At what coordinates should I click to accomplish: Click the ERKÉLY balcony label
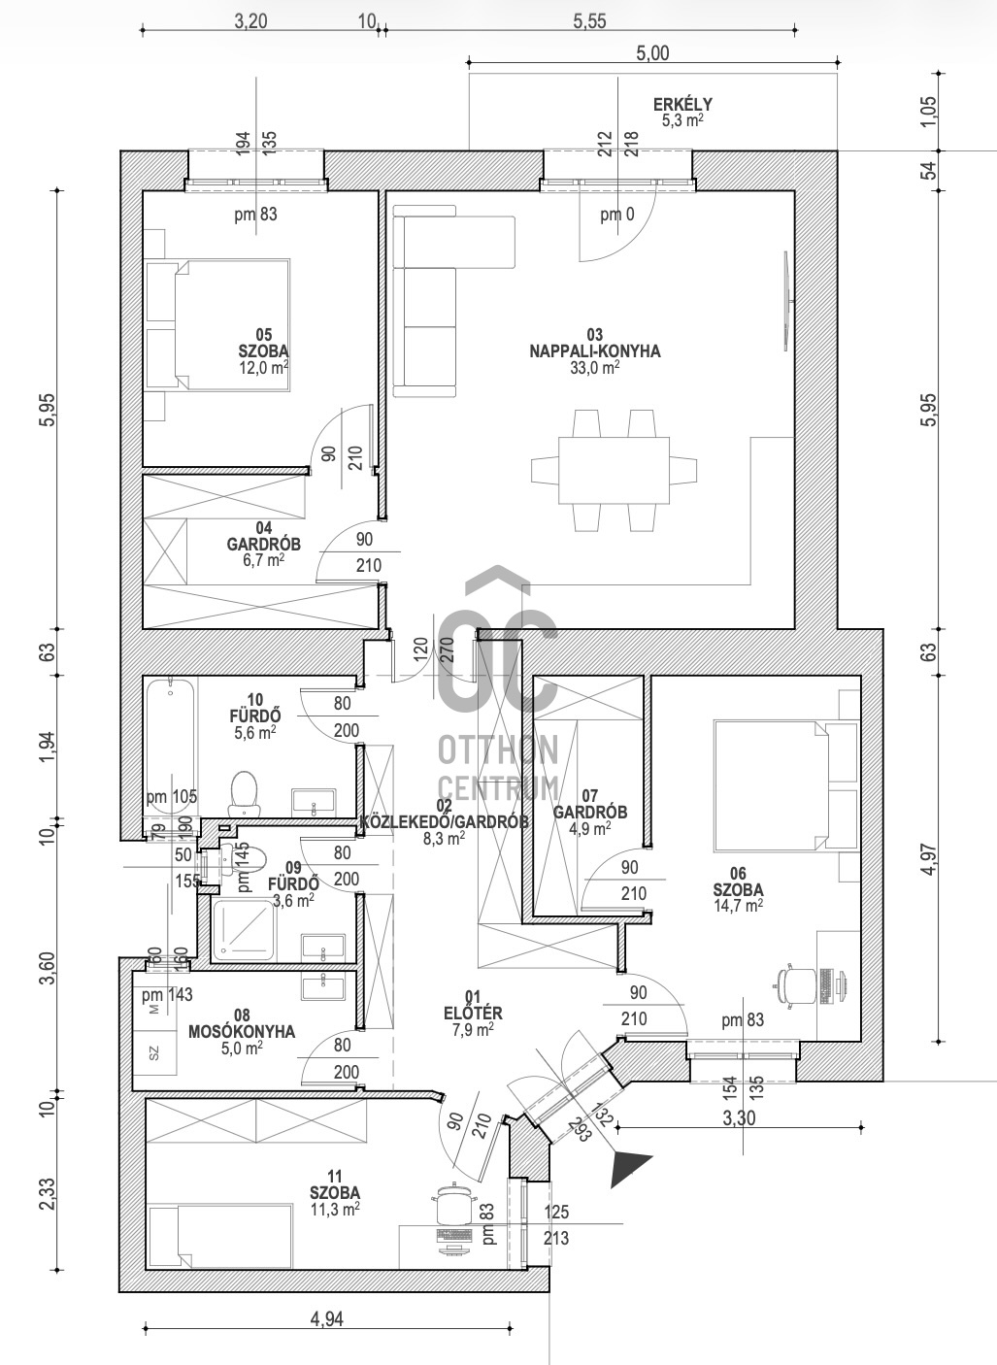click(682, 104)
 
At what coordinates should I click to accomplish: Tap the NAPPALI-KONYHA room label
click(595, 351)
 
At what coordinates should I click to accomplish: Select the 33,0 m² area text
click(595, 367)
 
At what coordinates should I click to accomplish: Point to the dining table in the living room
click(615, 470)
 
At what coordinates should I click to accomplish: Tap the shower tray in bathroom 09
click(243, 929)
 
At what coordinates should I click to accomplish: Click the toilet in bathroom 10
click(245, 794)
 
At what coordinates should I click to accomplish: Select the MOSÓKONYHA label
click(242, 1032)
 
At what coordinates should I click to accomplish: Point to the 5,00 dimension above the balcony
click(652, 53)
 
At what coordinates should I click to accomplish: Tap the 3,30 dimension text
click(739, 1117)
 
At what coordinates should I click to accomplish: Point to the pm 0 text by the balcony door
click(616, 214)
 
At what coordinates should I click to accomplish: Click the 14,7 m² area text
click(738, 906)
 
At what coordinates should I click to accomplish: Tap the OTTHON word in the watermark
click(498, 750)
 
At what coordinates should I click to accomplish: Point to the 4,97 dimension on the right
click(930, 858)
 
